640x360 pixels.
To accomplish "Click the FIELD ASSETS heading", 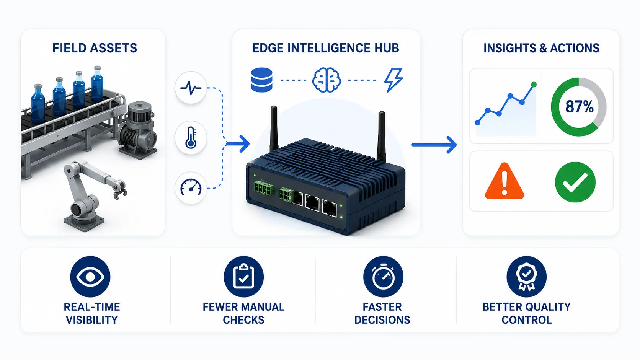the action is [x=95, y=48].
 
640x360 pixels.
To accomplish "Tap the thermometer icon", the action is [x=191, y=138].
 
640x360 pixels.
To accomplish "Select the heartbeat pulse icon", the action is [x=191, y=88].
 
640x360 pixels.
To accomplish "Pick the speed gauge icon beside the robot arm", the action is [x=191, y=187].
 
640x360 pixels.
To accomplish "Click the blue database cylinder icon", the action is [x=261, y=80].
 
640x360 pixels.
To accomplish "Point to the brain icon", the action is [x=326, y=80].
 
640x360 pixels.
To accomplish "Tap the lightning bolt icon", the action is [x=393, y=80].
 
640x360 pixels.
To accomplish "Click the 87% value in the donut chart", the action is [x=579, y=107].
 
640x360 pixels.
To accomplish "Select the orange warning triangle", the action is [x=504, y=181].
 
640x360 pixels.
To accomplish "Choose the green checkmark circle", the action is [x=575, y=182].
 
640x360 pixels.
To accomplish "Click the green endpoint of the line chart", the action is [x=534, y=85].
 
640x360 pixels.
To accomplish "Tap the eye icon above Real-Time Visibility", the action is [x=90, y=277].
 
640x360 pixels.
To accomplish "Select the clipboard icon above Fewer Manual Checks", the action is [x=243, y=277].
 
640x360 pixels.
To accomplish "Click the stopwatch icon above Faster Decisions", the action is [x=383, y=277].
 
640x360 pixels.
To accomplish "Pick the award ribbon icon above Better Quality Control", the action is [x=527, y=277].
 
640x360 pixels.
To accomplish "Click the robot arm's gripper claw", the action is [x=119, y=189].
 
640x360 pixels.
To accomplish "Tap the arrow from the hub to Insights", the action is [x=434, y=145].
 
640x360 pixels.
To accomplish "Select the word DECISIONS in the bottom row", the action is [x=382, y=320].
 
